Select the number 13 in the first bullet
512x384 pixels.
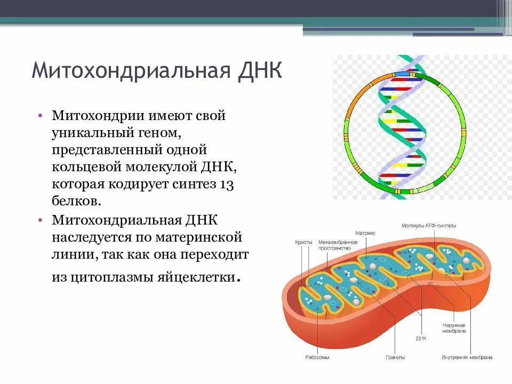(x=227, y=184)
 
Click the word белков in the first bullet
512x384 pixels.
(x=75, y=201)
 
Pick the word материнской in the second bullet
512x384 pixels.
(x=205, y=236)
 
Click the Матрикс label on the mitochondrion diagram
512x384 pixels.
(x=365, y=233)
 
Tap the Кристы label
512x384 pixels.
(x=303, y=242)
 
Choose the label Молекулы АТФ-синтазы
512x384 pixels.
(x=429, y=226)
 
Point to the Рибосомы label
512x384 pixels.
(x=317, y=357)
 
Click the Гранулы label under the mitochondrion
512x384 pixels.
(x=395, y=357)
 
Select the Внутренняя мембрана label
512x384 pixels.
(x=467, y=357)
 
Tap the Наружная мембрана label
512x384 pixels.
(x=454, y=328)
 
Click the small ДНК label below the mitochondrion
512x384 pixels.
(x=421, y=338)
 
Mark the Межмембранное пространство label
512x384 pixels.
(x=338, y=245)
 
